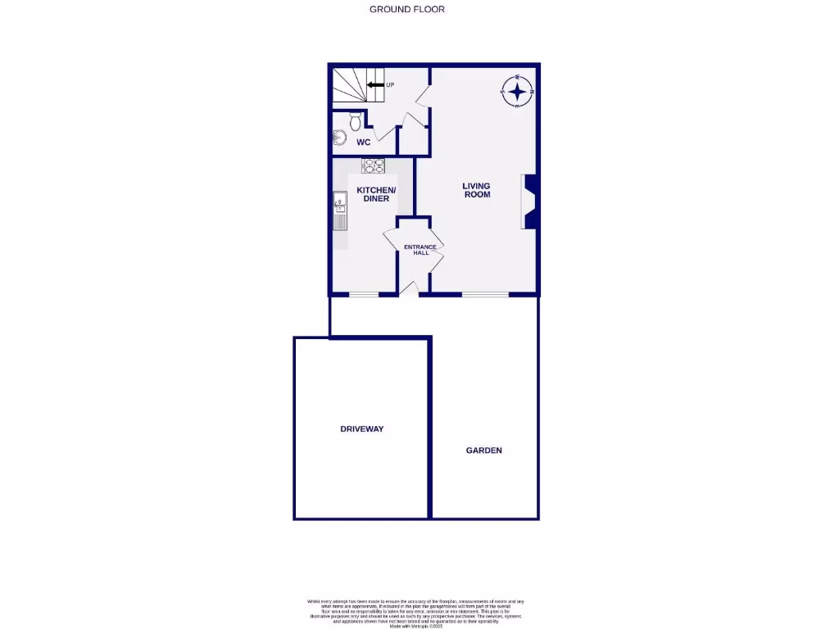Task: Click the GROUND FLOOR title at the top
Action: click(x=407, y=10)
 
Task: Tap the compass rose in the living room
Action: click(x=517, y=92)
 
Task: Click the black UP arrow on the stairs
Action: click(x=376, y=84)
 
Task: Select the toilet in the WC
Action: click(x=355, y=121)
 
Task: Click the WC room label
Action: click(x=363, y=143)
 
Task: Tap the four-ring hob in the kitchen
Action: click(x=374, y=165)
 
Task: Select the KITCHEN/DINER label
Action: click(x=376, y=195)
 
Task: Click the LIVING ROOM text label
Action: click(x=477, y=191)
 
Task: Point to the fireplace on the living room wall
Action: click(x=529, y=201)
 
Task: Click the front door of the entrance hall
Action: click(x=412, y=287)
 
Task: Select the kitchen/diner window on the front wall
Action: click(x=363, y=294)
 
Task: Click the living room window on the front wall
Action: click(x=483, y=294)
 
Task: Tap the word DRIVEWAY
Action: click(x=362, y=429)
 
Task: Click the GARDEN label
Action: click(x=483, y=450)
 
